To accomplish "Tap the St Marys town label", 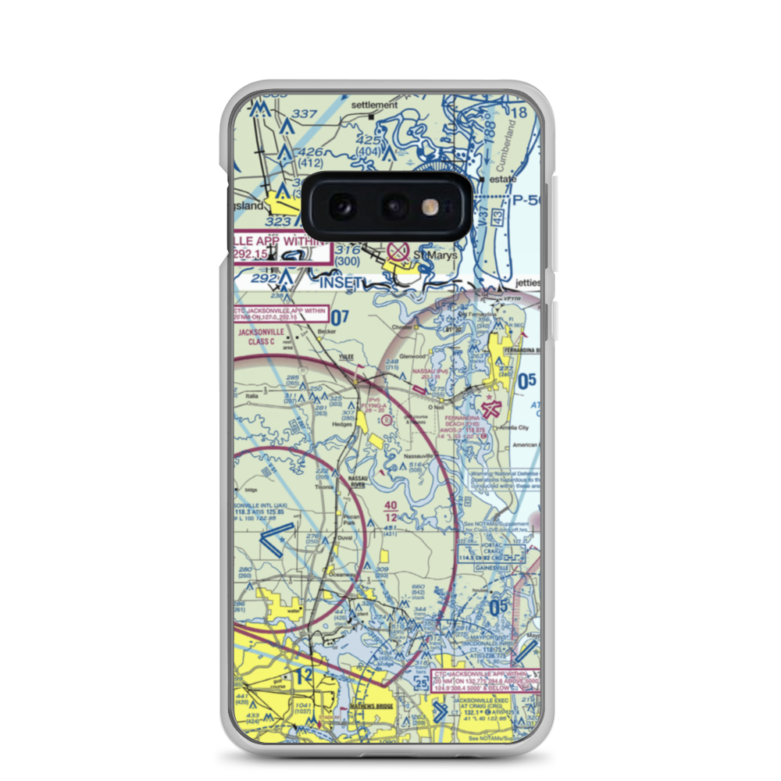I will (x=428, y=254).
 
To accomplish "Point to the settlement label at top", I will (x=374, y=105).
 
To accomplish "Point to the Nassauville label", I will (x=417, y=454).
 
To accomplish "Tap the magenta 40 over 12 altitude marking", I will (x=390, y=512).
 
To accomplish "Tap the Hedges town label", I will (x=341, y=424).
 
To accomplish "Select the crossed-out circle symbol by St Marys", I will (x=398, y=251).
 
